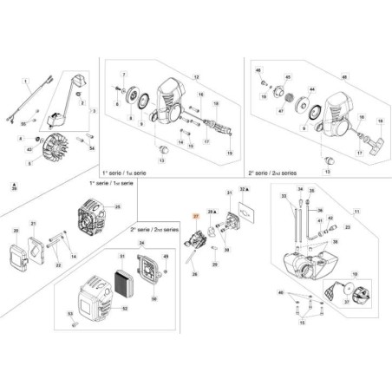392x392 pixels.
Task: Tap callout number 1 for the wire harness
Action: (x=27, y=84)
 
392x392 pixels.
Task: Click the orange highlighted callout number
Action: (x=196, y=215)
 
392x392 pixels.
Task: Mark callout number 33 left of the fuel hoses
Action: (x=283, y=197)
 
